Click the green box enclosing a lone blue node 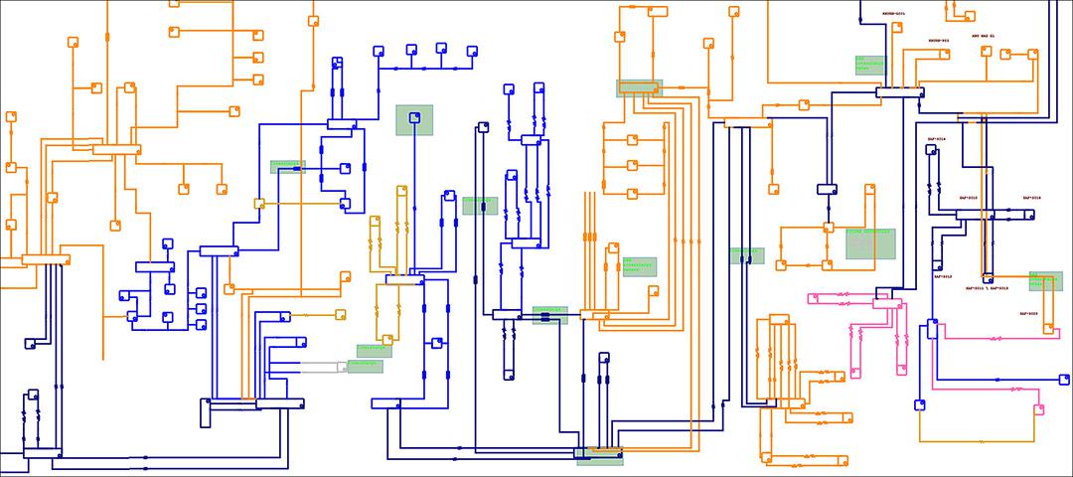[414, 120]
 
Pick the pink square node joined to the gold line [1039, 408]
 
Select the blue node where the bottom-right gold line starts [920, 404]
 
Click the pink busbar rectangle [886, 301]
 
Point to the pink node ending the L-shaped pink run [855, 374]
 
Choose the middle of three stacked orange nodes [632, 166]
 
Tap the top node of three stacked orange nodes [632, 140]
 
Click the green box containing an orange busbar [639, 88]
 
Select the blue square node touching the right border [1064, 378]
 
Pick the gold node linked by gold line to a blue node [259, 204]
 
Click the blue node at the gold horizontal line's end [345, 204]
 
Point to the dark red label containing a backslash [987, 288]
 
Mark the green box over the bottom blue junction [599, 455]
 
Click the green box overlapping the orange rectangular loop [869, 242]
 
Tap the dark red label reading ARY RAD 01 [989, 36]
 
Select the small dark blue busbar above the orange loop [828, 189]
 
